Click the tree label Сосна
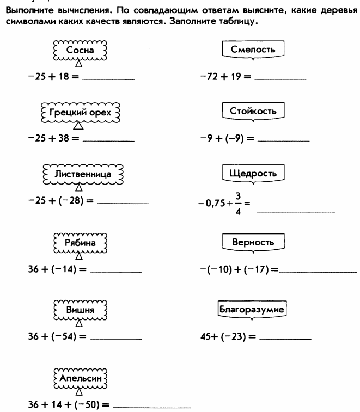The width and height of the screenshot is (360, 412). click(x=80, y=51)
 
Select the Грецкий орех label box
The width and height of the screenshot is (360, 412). click(x=80, y=113)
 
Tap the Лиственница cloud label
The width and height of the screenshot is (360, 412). click(x=83, y=174)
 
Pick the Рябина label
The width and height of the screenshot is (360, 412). click(x=80, y=243)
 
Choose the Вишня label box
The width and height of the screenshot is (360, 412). click(x=80, y=310)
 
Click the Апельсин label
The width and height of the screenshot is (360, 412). click(x=80, y=378)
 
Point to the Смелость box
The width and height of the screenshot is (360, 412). click(x=253, y=50)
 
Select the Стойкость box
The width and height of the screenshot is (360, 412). click(x=253, y=112)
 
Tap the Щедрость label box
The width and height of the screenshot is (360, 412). click(x=253, y=174)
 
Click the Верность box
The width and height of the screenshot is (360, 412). click(x=253, y=243)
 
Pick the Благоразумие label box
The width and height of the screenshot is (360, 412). click(x=252, y=310)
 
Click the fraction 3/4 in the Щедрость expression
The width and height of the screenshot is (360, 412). click(x=238, y=204)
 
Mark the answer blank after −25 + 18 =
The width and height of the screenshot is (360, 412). click(x=108, y=79)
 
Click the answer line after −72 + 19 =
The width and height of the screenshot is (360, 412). click(x=280, y=79)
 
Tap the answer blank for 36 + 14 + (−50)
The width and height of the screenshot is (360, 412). click(x=152, y=408)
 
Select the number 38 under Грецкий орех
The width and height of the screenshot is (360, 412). click(x=63, y=138)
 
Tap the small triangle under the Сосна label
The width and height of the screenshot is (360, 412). click(x=79, y=64)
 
